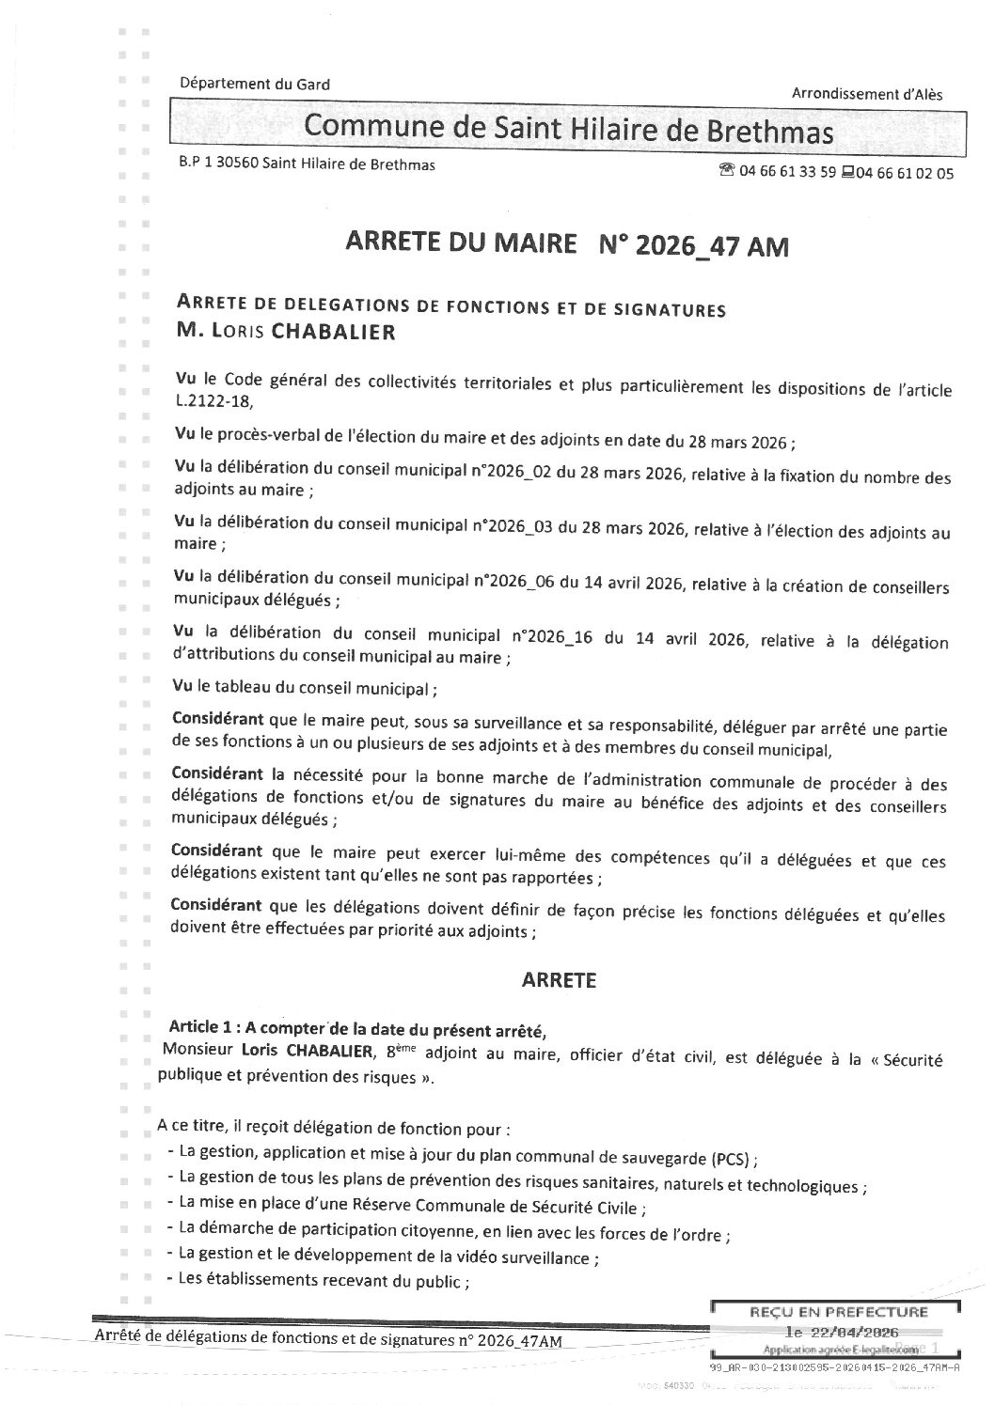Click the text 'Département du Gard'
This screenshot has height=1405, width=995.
(255, 84)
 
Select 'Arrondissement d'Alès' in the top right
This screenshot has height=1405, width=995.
(866, 93)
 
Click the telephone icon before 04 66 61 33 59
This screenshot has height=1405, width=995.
(725, 172)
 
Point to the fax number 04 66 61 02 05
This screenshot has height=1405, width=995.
(904, 173)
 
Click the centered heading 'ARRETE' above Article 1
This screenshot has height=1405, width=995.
(559, 980)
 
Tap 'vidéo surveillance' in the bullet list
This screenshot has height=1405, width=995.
(529, 1257)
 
